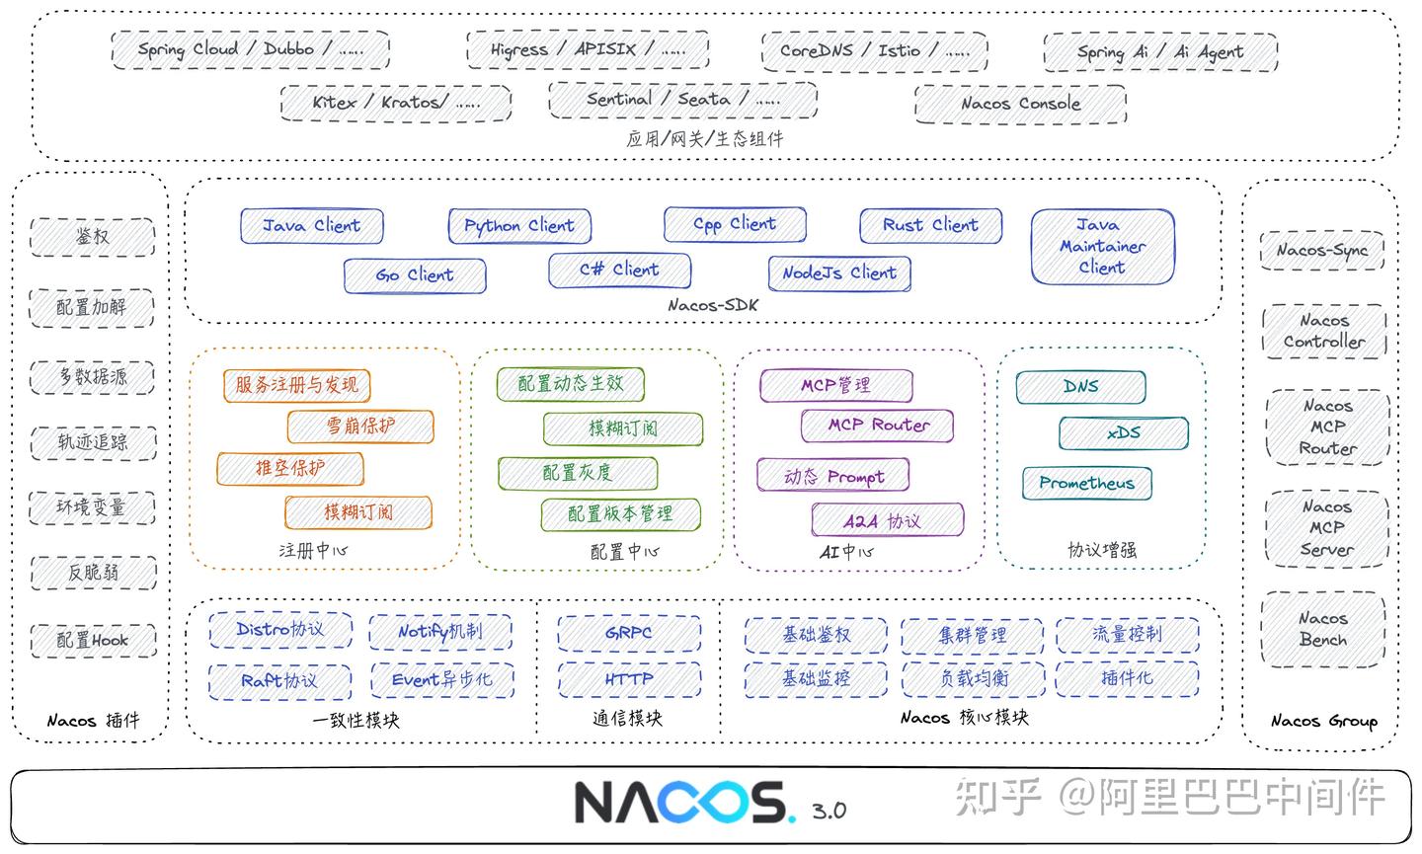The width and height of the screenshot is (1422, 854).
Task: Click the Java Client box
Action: click(x=311, y=226)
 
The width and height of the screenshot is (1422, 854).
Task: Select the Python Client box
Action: click(x=519, y=226)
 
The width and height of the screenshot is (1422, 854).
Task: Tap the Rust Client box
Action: click(x=930, y=225)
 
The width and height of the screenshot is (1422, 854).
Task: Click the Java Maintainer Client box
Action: click(x=1102, y=246)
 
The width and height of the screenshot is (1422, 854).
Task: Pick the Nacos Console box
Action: click(x=1020, y=104)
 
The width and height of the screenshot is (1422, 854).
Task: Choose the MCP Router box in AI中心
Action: click(x=878, y=426)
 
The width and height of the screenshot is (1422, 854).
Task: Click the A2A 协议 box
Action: click(x=887, y=520)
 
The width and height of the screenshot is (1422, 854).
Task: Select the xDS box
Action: click(x=1123, y=432)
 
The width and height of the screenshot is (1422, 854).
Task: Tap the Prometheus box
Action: click(x=1086, y=483)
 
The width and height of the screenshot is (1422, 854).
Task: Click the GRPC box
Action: click(x=629, y=633)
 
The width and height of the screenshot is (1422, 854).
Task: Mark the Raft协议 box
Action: click(x=279, y=680)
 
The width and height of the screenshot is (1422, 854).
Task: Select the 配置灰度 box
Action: click(x=578, y=473)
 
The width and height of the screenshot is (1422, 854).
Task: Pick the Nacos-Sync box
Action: click(x=1321, y=250)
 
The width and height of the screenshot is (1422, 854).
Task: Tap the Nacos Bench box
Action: click(x=1323, y=629)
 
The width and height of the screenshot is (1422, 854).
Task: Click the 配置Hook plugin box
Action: click(x=92, y=640)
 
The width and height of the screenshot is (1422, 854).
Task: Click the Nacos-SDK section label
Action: click(x=712, y=305)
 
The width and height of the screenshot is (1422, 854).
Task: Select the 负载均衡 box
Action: click(x=973, y=679)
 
